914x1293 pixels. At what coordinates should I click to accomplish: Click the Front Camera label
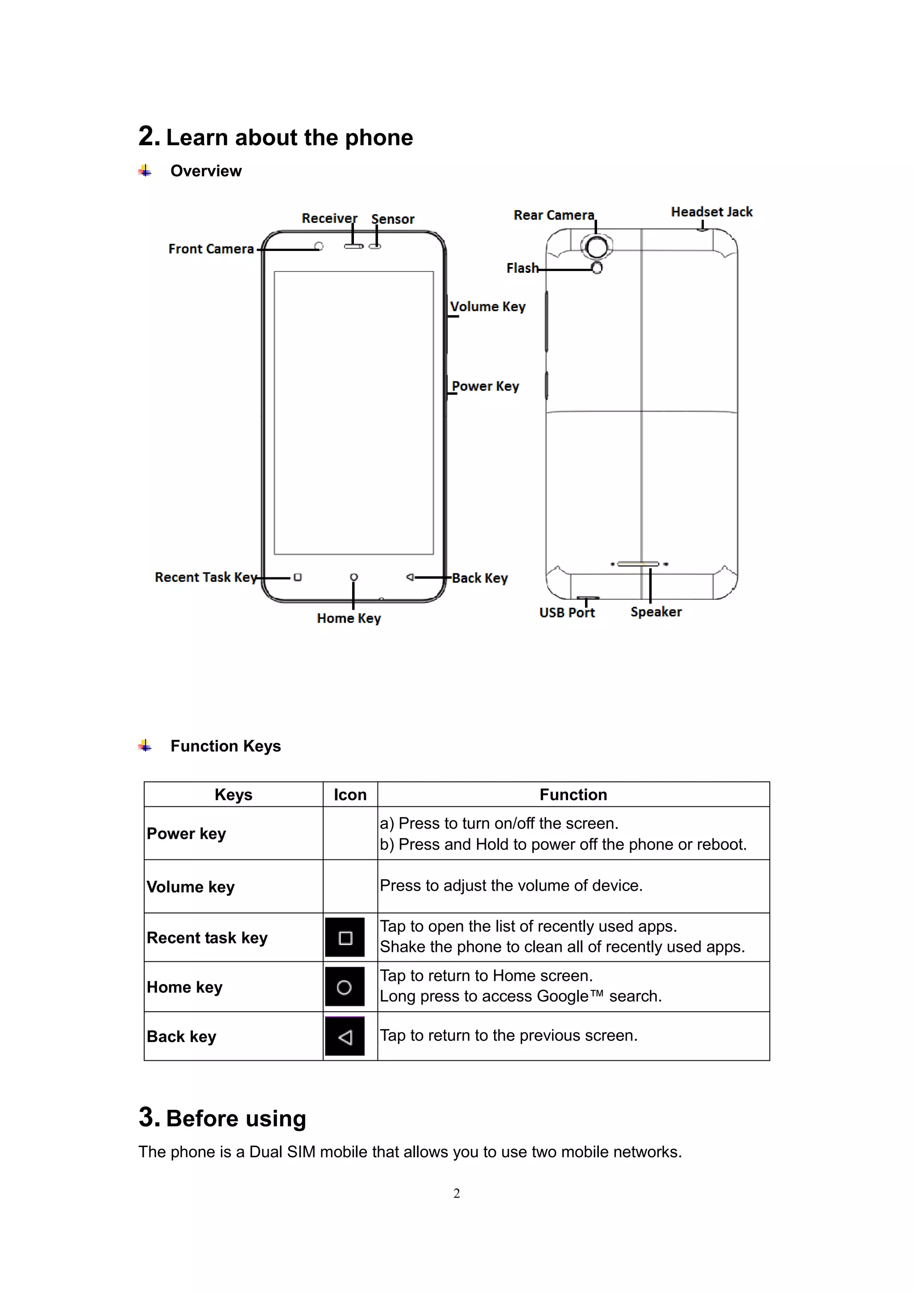pos(211,249)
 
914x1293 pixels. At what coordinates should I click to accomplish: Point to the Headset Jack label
pos(711,213)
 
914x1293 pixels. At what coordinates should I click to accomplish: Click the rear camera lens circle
pos(597,246)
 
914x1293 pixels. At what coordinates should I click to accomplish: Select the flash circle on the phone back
pos(597,268)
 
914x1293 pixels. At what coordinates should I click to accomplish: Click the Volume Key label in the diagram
pos(487,307)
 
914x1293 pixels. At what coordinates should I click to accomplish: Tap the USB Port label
pos(567,613)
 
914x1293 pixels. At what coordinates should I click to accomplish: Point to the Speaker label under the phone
pos(656,612)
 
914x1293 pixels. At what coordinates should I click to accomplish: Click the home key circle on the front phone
pos(353,577)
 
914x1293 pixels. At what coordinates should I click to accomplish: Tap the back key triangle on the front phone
pos(410,577)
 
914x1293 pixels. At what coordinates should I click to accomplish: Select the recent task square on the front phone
pos(298,577)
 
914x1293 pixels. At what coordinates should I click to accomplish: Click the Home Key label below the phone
pos(349,618)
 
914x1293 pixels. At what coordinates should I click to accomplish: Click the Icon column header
pos(350,795)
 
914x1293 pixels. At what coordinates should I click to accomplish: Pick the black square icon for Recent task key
pos(345,938)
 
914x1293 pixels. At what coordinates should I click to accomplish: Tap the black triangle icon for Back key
pos(345,1037)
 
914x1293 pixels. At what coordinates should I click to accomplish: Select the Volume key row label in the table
pos(191,887)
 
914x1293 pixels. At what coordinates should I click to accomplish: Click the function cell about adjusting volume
pos(511,886)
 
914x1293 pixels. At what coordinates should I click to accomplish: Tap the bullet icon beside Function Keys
pos(145,746)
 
